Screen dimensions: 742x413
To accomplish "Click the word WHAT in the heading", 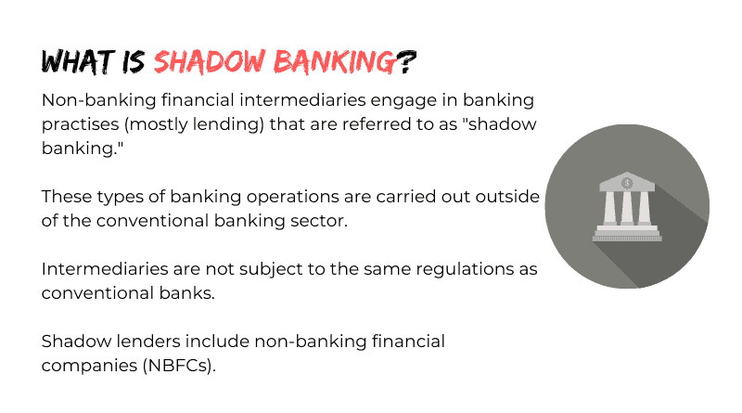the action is point(78,61).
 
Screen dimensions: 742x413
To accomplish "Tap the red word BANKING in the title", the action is point(334,61).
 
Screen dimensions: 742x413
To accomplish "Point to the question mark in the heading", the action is point(405,61).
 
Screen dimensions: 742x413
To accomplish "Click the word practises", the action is point(81,124).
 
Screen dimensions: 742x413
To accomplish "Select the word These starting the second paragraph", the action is point(66,197).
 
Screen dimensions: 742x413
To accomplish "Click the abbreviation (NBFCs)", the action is point(179,366).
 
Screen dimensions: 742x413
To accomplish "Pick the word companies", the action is point(89,367).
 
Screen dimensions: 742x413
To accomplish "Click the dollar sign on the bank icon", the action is point(627,183).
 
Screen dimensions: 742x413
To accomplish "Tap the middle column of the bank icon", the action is point(627,208).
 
